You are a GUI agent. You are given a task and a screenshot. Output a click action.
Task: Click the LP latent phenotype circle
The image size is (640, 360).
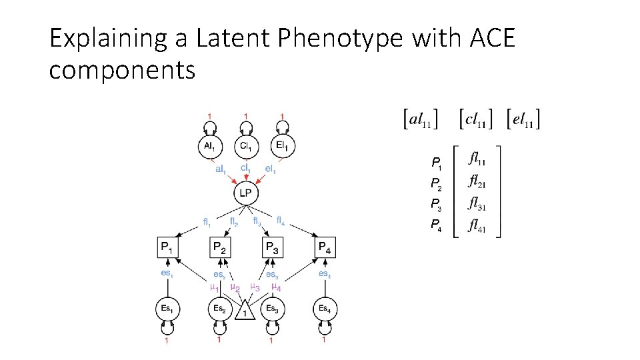(x=246, y=194)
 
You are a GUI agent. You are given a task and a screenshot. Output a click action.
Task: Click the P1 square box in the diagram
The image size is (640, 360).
(x=167, y=248)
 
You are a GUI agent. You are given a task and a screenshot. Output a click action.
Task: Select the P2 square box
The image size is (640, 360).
(x=219, y=248)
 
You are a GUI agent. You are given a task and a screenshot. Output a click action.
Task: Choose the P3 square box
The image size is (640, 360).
(x=272, y=248)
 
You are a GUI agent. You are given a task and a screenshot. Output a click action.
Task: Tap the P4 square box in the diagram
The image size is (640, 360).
(x=324, y=248)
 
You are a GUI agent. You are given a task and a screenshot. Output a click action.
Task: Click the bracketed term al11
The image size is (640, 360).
(x=421, y=120)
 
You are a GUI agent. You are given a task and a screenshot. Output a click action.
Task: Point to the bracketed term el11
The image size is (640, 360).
(x=523, y=120)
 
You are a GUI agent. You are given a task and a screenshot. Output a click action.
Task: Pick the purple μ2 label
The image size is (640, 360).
(x=235, y=288)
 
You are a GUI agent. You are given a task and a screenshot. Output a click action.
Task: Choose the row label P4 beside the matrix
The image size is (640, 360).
(x=435, y=225)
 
